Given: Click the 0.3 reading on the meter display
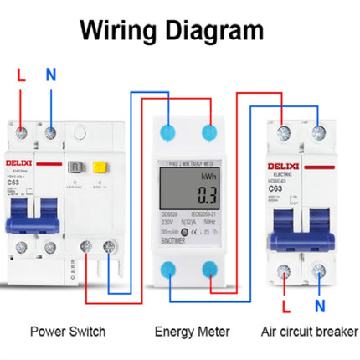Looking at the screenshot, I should (x=206, y=198).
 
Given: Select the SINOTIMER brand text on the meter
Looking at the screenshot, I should (x=177, y=239).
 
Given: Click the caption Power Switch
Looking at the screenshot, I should (x=67, y=332).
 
